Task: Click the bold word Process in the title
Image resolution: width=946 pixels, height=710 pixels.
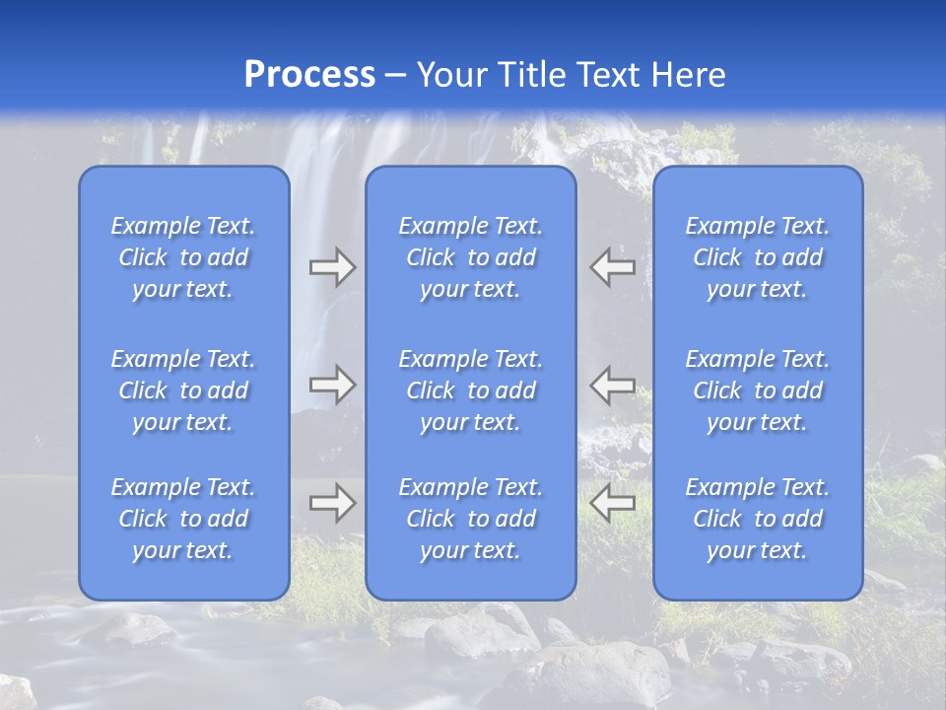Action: click(x=309, y=75)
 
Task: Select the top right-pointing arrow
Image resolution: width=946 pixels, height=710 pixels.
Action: click(x=332, y=267)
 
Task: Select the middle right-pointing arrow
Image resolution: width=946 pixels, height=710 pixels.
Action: click(x=332, y=384)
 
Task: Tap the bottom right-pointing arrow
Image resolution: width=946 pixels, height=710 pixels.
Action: click(x=332, y=503)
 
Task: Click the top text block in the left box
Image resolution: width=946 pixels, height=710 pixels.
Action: click(x=183, y=257)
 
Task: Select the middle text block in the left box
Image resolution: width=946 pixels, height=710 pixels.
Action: click(x=183, y=390)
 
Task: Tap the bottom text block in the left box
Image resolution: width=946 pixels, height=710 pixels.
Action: click(x=183, y=519)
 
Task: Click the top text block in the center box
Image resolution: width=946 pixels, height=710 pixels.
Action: click(x=471, y=257)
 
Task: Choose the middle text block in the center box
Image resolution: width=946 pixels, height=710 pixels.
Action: click(x=471, y=390)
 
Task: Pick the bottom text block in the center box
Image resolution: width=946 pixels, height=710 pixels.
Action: click(x=471, y=519)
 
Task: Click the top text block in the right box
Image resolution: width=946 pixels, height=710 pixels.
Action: click(x=758, y=257)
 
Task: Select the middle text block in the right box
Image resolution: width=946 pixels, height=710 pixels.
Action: click(x=758, y=390)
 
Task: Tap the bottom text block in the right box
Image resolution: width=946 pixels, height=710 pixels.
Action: click(x=758, y=519)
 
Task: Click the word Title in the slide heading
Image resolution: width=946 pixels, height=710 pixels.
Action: click(x=533, y=75)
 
